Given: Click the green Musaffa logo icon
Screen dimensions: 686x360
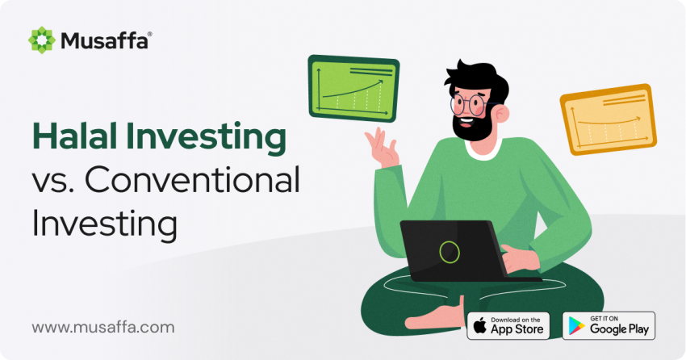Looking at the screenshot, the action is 41,40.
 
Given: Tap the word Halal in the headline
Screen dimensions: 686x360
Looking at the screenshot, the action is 75,136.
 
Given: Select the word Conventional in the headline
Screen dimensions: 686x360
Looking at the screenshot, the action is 192,180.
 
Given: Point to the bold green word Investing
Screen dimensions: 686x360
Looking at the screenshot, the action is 206,139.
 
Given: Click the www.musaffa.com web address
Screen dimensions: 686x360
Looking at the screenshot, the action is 102,327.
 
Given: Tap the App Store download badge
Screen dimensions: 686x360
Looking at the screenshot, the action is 508,326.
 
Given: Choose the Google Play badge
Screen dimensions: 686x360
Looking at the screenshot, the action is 609,326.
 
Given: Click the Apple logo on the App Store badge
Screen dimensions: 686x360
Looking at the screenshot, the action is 480,326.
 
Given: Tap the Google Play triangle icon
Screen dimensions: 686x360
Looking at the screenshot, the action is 576,326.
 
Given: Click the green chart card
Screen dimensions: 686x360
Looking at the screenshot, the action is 353,88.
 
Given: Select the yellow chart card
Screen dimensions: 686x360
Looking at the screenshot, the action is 609,119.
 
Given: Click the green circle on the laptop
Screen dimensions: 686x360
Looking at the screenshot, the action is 450,252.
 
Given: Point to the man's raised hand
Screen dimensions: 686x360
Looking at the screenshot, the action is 382,148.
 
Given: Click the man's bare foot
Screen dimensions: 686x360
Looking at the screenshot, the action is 433,317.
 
